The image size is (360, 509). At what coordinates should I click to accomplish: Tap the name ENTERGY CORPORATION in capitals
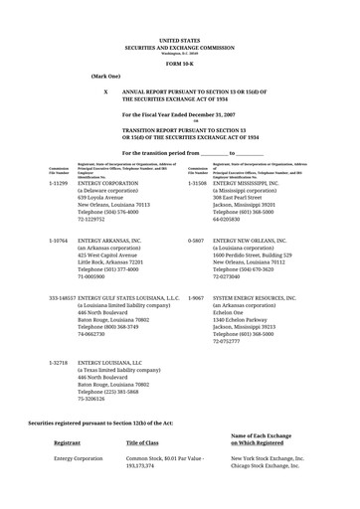tap(115, 183)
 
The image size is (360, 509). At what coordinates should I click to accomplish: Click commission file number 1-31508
tap(196, 183)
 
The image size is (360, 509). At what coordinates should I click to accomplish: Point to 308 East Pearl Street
tap(241, 198)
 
